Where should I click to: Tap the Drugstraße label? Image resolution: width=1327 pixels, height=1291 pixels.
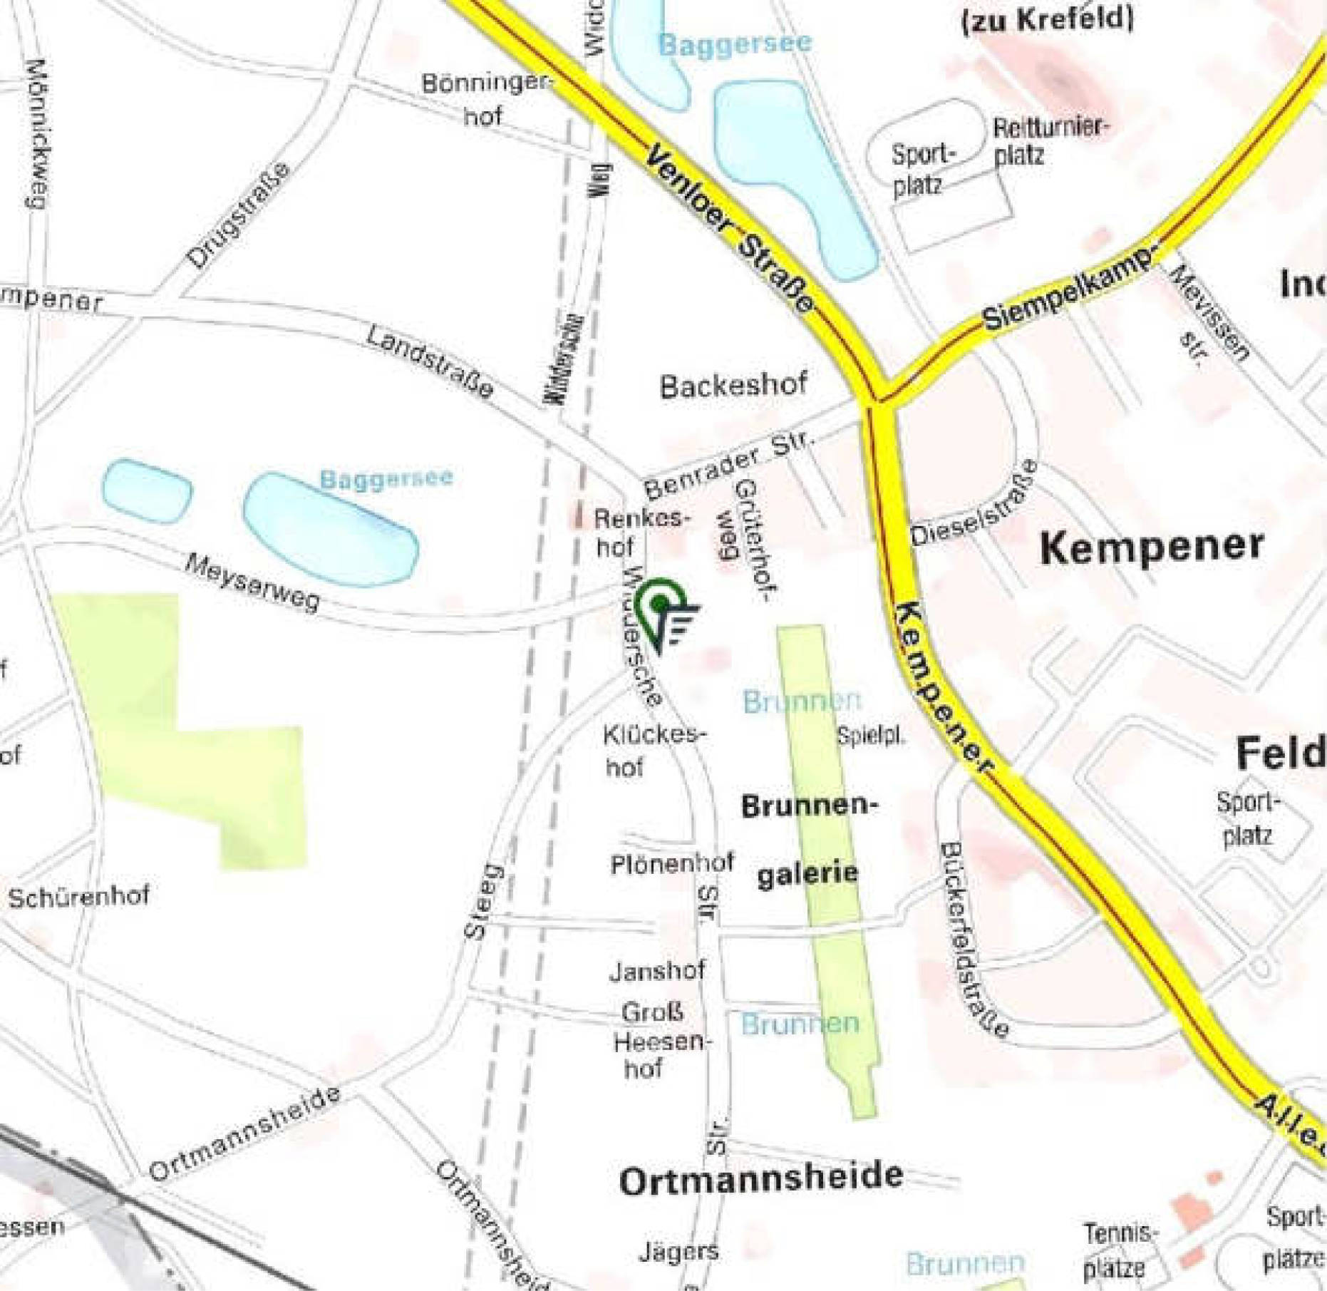pos(239,215)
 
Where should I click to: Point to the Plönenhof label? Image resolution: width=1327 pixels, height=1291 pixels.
pos(672,864)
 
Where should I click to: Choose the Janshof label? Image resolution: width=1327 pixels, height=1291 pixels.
pos(657,970)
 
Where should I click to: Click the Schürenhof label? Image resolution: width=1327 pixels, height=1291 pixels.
pos(79,895)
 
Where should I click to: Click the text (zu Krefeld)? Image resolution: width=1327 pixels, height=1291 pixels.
pos(1047,19)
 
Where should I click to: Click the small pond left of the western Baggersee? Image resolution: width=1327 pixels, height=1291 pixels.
pos(147,491)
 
